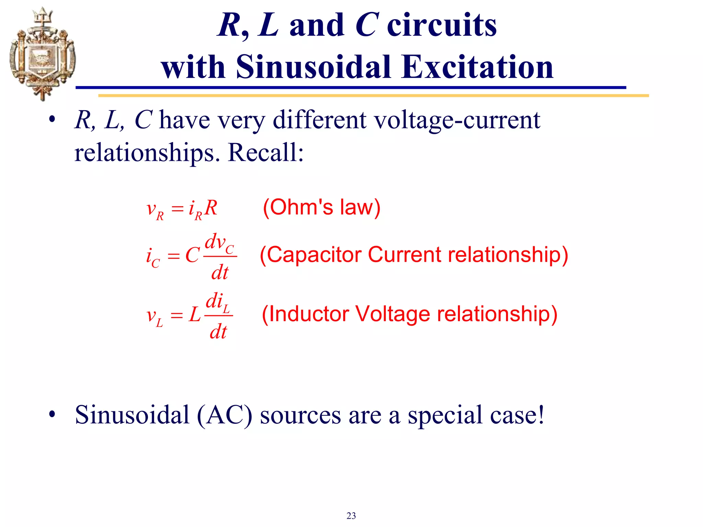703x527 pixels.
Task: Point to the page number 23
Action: tap(351, 516)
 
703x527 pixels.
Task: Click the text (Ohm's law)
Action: tap(322, 207)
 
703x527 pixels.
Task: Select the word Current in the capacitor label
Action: tap(404, 255)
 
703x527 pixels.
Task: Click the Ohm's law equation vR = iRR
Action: tap(182, 209)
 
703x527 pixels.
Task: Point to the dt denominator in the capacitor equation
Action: tap(220, 273)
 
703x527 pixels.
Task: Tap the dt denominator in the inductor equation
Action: tap(218, 332)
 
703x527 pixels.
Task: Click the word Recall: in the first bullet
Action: tap(266, 152)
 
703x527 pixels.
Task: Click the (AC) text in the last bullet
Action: tap(224, 415)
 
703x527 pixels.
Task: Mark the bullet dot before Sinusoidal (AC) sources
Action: tap(52, 414)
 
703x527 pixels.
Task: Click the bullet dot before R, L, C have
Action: tap(52, 120)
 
